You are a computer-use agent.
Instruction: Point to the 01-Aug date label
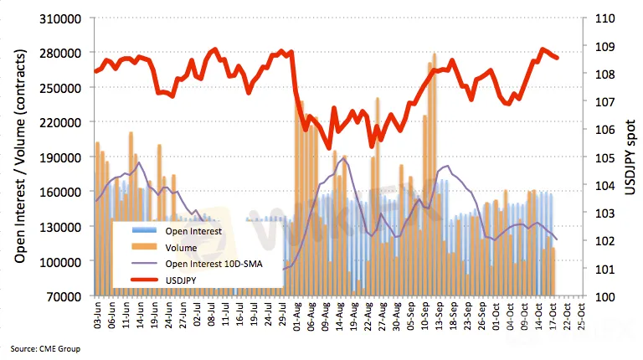tap(296, 316)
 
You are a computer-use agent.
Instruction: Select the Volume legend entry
tap(181, 247)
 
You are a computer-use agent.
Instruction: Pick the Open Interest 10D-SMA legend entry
tap(214, 263)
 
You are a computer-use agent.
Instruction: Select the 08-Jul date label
tap(211, 316)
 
